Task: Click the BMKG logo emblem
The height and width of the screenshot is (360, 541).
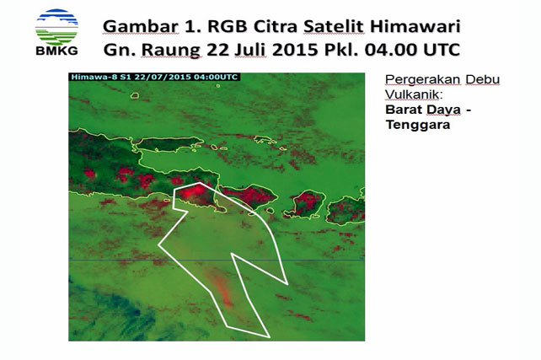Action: (56, 27)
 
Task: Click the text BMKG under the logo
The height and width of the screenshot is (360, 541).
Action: (56, 51)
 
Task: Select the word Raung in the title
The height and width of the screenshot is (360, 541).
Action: (171, 50)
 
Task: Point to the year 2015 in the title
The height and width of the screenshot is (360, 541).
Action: (295, 50)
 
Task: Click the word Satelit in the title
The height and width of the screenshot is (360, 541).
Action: (334, 27)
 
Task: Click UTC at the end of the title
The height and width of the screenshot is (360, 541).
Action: (442, 50)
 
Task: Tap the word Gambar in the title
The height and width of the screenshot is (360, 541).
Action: (141, 27)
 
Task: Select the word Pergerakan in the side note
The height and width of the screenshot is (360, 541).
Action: (423, 80)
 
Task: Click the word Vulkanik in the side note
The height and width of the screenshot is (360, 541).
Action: (414, 94)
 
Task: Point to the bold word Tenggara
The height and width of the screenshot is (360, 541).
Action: (418, 125)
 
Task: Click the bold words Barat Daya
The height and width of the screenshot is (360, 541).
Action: (423, 110)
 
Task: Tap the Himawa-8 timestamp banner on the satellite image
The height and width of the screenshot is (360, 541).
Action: (154, 77)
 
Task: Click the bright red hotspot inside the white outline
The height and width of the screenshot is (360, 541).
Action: (192, 192)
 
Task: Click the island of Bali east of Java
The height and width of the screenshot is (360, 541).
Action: (249, 196)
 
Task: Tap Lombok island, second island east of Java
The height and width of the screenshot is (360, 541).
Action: (307, 204)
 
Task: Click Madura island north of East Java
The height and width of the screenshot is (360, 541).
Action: (169, 143)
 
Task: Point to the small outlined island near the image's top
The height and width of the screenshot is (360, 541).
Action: (135, 95)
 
